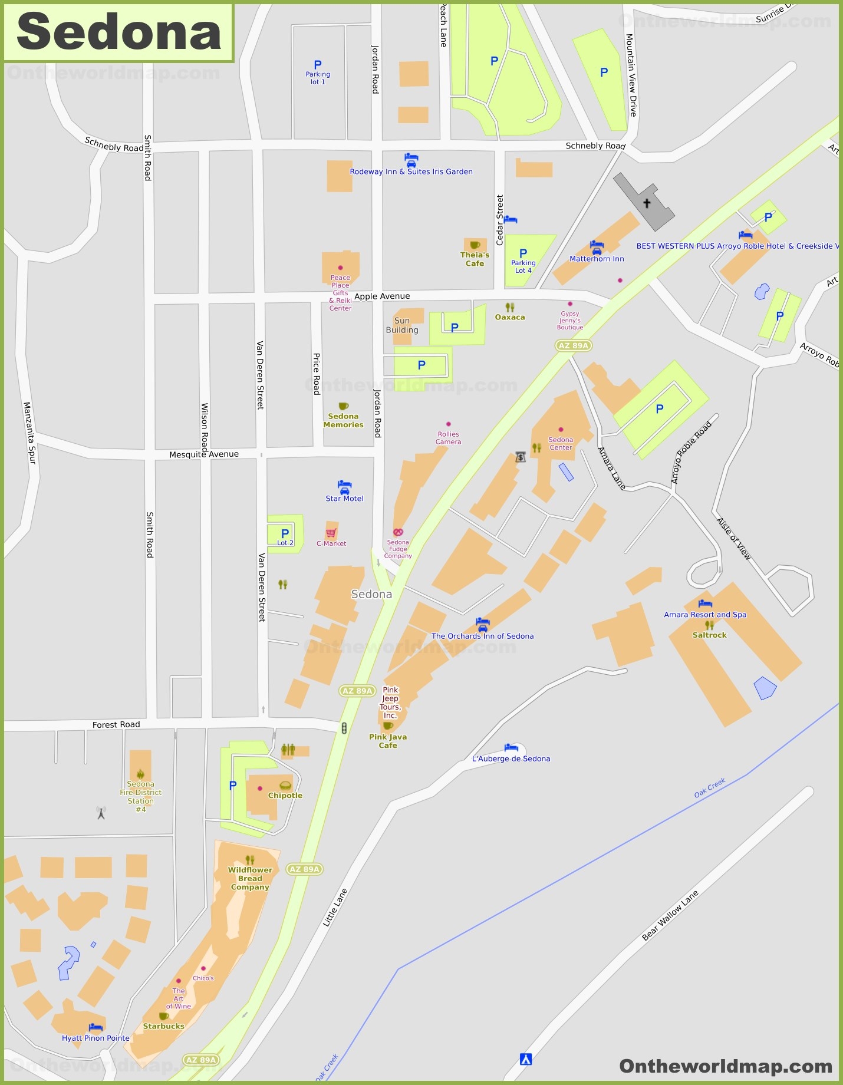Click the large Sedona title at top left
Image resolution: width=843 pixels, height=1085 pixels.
[x=118, y=32]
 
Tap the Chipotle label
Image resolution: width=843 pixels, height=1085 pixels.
[x=285, y=795]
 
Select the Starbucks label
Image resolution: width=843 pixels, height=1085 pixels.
[x=163, y=1026]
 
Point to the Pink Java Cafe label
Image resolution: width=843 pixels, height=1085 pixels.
[x=388, y=741]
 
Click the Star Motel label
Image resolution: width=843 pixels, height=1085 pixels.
[x=344, y=499]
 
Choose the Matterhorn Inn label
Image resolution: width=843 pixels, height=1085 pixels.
[x=597, y=259]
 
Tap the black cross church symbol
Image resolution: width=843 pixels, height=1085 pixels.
[x=647, y=203]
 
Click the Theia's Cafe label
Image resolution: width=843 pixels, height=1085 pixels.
[x=475, y=259]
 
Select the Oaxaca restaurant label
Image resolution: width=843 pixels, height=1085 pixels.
[x=510, y=317]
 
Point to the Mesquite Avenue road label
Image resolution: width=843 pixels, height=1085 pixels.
[x=204, y=454]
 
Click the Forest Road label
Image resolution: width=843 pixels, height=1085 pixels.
[x=116, y=724]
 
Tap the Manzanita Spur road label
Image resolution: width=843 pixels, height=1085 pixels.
[x=29, y=433]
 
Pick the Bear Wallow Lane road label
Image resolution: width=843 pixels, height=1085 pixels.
[x=670, y=915]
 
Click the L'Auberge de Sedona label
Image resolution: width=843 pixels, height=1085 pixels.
[x=511, y=758]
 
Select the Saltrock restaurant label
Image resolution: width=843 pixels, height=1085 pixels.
[x=709, y=635]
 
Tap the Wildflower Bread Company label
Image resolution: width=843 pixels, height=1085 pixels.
[x=250, y=878]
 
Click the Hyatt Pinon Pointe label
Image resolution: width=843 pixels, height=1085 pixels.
[x=96, y=1038]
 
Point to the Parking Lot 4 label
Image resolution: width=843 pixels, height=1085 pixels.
[x=523, y=266]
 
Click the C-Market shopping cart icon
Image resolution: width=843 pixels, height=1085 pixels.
[x=331, y=533]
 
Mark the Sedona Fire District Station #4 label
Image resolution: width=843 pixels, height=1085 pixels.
[x=140, y=796]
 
